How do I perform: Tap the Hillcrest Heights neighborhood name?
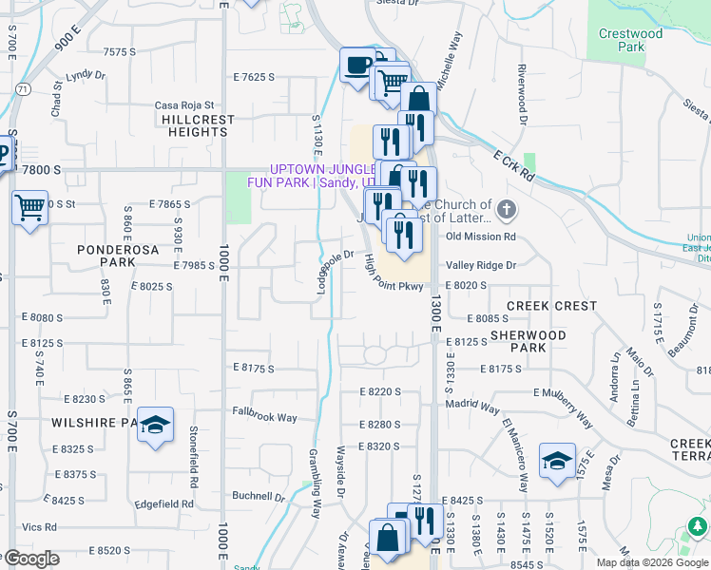click(195, 125)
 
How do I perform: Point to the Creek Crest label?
click(551, 306)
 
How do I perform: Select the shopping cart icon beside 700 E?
click(29, 206)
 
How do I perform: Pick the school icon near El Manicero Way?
click(557, 460)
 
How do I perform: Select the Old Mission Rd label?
click(480, 237)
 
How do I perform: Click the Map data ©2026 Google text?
click(652, 562)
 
